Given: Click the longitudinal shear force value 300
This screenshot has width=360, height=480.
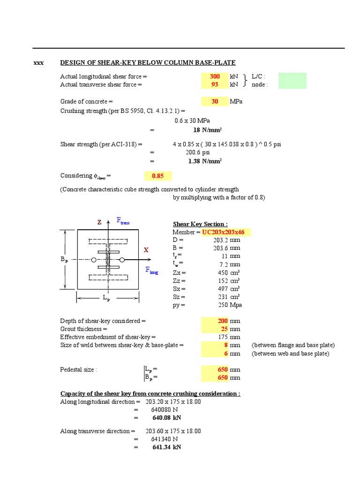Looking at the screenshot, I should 215,76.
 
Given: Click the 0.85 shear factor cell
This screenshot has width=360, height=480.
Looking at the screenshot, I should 158,176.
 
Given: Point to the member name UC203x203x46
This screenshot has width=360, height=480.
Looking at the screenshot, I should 226,232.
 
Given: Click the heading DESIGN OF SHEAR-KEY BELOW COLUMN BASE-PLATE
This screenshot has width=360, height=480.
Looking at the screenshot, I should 148,63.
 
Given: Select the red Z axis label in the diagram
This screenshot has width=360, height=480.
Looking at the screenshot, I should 99,223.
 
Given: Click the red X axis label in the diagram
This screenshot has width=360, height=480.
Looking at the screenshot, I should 146,250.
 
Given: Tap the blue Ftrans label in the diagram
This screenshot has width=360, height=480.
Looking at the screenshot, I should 123,221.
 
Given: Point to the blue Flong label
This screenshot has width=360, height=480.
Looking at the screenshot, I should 151,270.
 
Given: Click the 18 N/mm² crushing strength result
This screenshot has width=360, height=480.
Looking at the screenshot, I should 208,130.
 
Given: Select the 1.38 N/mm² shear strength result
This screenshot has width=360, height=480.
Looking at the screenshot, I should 205,161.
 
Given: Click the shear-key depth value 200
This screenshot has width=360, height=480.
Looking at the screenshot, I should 223,321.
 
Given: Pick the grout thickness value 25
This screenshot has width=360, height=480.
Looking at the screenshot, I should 224,329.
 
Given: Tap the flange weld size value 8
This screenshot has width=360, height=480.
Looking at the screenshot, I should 226,345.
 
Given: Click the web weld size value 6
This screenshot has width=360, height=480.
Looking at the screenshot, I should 226,353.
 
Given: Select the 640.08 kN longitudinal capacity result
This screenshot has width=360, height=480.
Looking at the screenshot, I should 166,418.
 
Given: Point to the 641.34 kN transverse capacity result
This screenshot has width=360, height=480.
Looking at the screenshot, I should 166,447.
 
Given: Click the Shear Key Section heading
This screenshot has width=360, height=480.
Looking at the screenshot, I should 200,225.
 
